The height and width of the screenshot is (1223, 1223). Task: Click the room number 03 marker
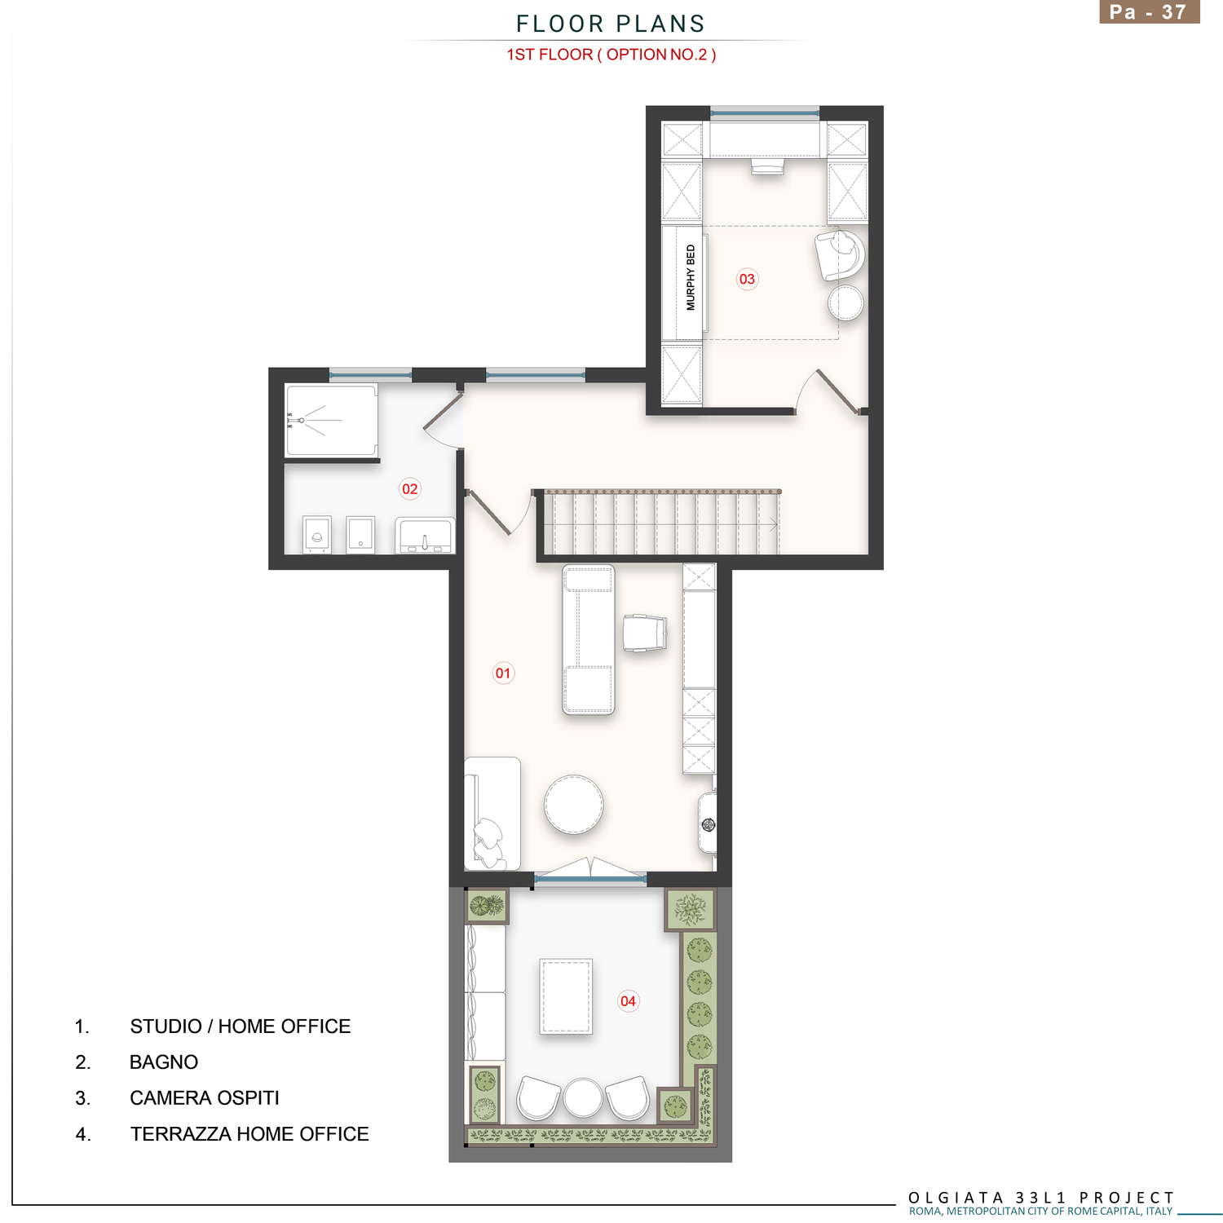click(747, 280)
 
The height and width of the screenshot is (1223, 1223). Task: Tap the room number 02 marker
click(409, 489)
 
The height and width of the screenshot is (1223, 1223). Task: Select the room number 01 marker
click(503, 673)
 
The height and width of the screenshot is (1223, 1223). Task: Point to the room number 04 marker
click(628, 1001)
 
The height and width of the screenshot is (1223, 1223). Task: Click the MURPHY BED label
click(691, 278)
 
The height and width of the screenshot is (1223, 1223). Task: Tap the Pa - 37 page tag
click(1149, 12)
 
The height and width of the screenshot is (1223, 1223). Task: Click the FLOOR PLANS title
click(611, 24)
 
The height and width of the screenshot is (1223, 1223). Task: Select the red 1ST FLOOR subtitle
click(611, 55)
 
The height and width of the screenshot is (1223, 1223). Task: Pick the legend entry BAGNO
click(164, 1062)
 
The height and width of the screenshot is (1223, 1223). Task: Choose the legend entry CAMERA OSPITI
click(205, 1098)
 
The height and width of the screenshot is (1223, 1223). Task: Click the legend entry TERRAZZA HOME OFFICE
click(249, 1134)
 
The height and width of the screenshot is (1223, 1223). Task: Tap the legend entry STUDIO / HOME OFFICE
click(241, 1027)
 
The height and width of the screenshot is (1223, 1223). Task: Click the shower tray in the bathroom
click(331, 421)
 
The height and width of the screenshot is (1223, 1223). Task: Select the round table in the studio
click(574, 804)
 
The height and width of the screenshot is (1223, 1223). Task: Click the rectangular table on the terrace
click(566, 996)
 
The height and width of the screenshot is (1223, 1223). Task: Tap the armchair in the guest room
click(840, 255)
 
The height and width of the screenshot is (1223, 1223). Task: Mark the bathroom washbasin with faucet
click(424, 536)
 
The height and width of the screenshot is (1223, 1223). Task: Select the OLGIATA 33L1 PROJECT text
click(1041, 1197)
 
